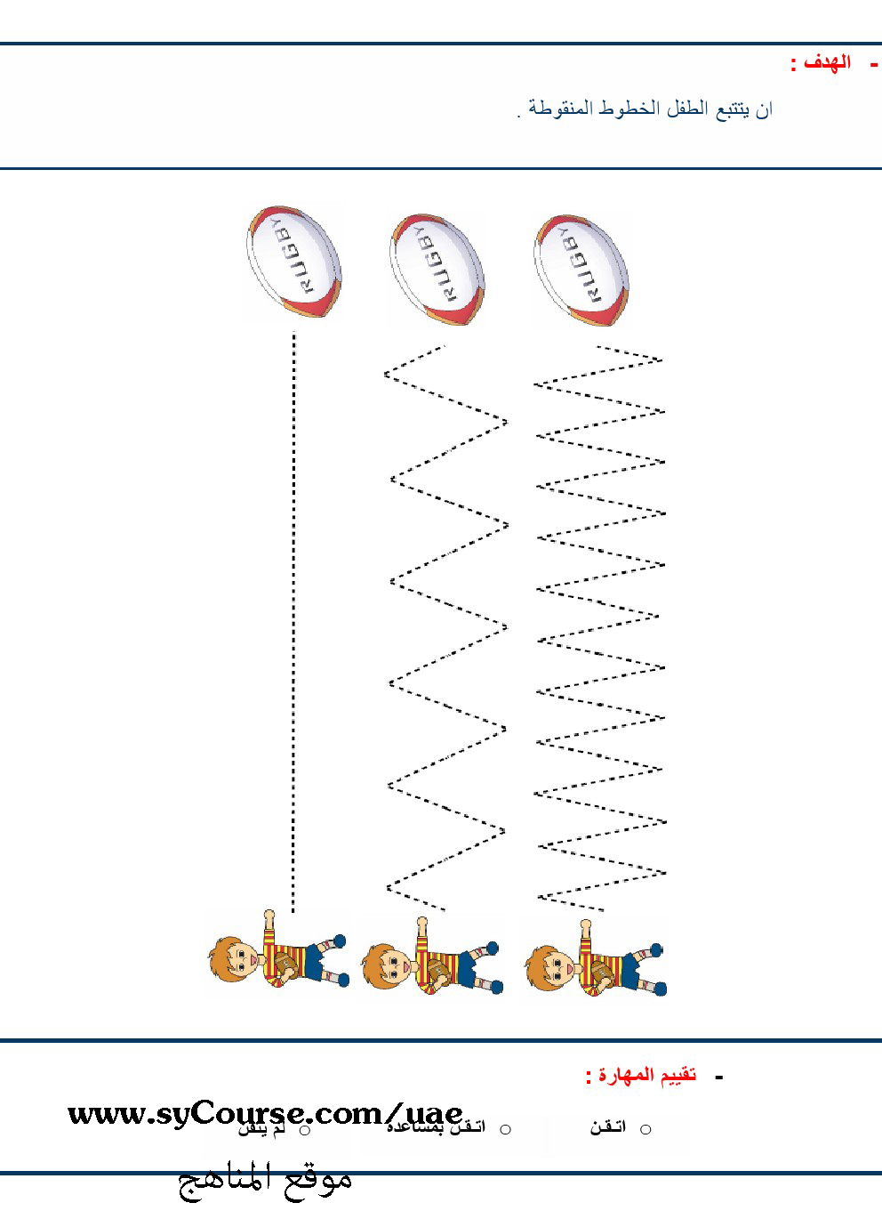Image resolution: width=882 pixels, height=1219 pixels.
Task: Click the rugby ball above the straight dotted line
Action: [x=293, y=262]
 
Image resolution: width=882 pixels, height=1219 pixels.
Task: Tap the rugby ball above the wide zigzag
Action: [x=437, y=268]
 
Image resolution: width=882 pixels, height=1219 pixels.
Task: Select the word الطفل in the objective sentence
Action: [x=682, y=109]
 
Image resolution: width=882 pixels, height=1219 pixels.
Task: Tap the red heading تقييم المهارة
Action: [x=641, y=1076]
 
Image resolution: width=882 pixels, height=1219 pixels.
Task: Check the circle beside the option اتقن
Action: [x=645, y=1129]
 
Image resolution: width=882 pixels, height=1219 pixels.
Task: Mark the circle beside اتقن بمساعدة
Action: [x=505, y=1129]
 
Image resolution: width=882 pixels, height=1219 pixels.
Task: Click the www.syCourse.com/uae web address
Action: [x=265, y=1113]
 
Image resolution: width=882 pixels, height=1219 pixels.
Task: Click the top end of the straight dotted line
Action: [x=294, y=335]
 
